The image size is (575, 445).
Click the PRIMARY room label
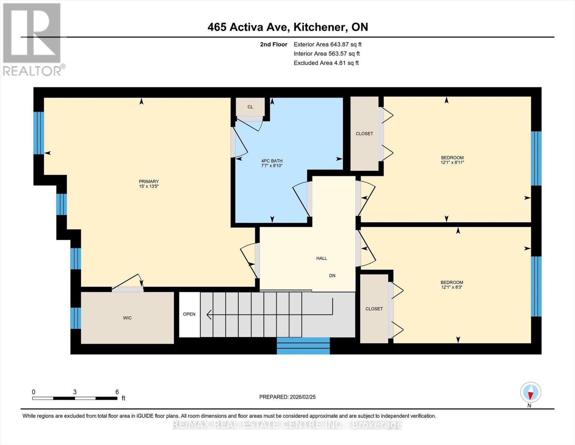click(x=148, y=181)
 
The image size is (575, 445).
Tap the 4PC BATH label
click(x=272, y=161)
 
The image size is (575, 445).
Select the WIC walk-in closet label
click(x=127, y=318)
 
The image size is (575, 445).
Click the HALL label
click(x=321, y=258)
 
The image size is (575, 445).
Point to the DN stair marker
click(x=332, y=276)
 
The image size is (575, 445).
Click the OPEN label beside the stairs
click(x=189, y=314)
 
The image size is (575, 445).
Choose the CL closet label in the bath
click(x=250, y=107)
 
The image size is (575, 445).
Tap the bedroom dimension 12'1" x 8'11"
click(x=452, y=162)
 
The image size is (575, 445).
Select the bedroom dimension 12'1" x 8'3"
click(x=452, y=287)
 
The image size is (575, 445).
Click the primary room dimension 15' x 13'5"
click(x=148, y=187)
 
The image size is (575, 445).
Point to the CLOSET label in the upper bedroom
click(x=364, y=133)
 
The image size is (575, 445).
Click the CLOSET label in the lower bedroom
click(x=374, y=309)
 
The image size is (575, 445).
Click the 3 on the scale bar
click(x=75, y=392)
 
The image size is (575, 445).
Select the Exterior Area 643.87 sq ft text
click(x=327, y=44)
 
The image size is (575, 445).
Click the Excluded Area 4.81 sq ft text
click(x=326, y=63)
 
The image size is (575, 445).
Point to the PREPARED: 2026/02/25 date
click(x=287, y=397)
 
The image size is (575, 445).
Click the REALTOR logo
click(x=32, y=39)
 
